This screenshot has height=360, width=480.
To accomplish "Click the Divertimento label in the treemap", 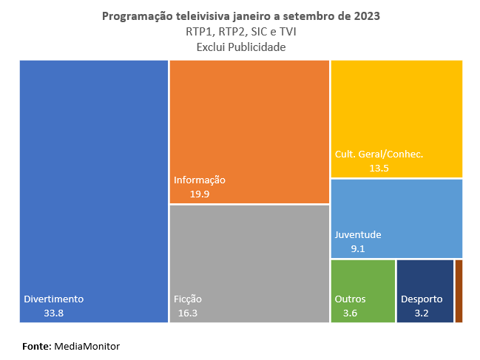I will pos(54,299).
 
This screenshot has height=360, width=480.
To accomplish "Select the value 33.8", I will pos(53,313).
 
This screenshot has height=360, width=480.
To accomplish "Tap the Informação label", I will pos(199,180).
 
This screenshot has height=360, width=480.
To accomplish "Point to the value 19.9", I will pos(200,194).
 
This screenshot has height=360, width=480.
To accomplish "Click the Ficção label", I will pos(188,299).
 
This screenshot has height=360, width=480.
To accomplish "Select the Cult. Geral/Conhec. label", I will pos(379,154).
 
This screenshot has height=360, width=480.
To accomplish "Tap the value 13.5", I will pos(379,169).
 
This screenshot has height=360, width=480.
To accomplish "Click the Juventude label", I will pos(358,235).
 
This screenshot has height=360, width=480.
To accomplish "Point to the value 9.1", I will pos(358,249).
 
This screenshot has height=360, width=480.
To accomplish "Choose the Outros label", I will pos(350,299).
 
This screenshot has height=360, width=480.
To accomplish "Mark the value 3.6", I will pos(350,313).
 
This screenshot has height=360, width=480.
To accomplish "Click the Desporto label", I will pos(422,299).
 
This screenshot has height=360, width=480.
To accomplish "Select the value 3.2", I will pos(422,313).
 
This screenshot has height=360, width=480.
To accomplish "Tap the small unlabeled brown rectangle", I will pos(459,291).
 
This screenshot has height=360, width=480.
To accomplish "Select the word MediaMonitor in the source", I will pos(87,346).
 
